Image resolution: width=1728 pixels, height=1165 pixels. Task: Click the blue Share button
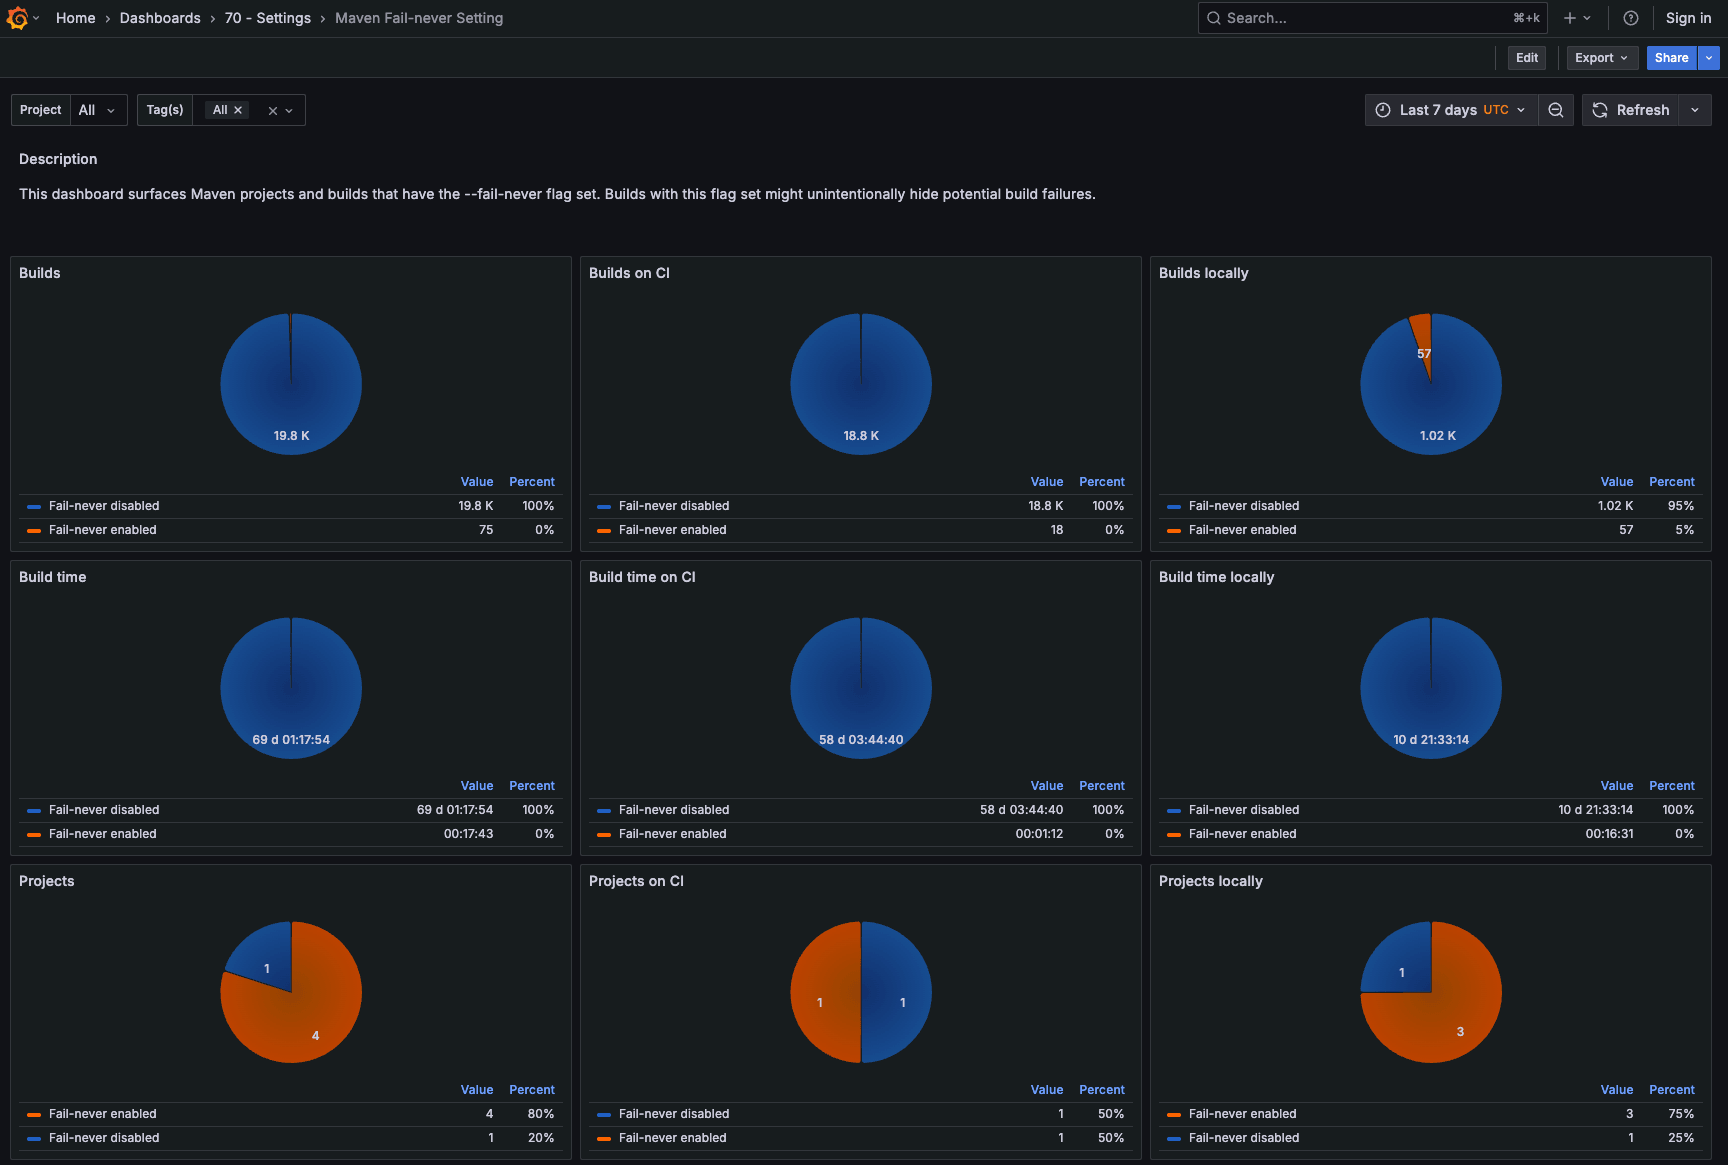[1671, 58]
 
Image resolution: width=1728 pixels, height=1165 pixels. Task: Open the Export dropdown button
[1601, 58]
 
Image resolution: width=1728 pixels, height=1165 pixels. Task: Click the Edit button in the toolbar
[1526, 58]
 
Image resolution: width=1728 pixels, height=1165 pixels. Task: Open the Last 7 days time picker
[1451, 110]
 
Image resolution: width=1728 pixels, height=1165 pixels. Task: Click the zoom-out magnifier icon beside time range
[1555, 110]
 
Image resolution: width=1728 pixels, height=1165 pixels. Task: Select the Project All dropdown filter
[97, 110]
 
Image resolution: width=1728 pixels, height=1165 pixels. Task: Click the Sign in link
[1688, 18]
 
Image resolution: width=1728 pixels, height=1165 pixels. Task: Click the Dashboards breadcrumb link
[160, 18]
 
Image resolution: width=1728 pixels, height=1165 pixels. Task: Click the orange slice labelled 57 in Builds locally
[1422, 340]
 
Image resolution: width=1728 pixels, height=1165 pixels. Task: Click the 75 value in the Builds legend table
[486, 530]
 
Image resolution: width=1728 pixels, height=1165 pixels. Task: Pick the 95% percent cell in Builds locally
[1680, 506]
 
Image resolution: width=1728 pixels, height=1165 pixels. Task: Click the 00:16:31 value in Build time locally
[1609, 834]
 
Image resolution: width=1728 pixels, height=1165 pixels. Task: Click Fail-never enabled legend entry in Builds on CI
[672, 530]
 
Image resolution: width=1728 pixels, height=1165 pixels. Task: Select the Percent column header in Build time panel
[531, 786]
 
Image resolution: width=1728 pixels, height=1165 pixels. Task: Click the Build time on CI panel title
[642, 577]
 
